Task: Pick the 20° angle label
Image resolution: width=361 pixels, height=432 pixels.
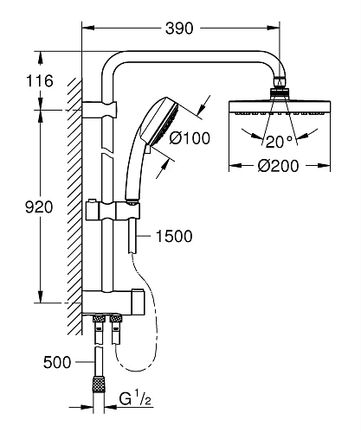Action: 279,141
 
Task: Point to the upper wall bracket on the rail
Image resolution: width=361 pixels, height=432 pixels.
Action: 102,109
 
